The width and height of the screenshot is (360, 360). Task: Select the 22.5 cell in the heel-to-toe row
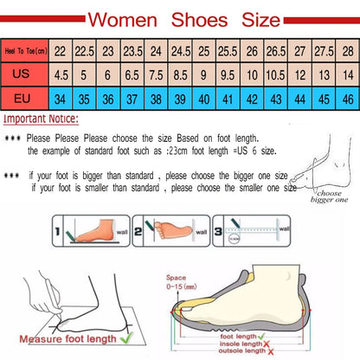point(83,51)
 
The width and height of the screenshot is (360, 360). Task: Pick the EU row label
point(23,98)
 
